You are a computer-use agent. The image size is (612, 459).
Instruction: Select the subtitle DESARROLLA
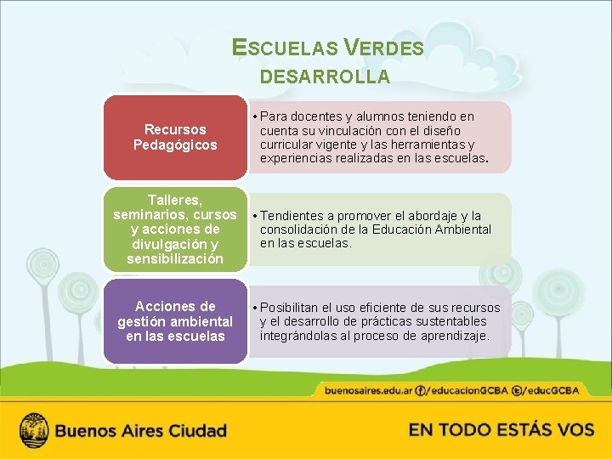(325, 77)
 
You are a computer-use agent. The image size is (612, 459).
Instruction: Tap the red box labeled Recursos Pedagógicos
(175, 137)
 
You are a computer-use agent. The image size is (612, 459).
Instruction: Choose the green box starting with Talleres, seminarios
(175, 229)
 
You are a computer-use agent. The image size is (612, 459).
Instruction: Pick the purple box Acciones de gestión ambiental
(175, 321)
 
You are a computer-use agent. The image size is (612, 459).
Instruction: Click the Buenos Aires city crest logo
(34, 429)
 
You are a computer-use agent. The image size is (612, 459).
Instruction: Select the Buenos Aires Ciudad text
(141, 430)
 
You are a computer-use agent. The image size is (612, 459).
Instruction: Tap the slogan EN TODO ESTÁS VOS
(501, 429)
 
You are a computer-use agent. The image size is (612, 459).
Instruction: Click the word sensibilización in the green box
(176, 258)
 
